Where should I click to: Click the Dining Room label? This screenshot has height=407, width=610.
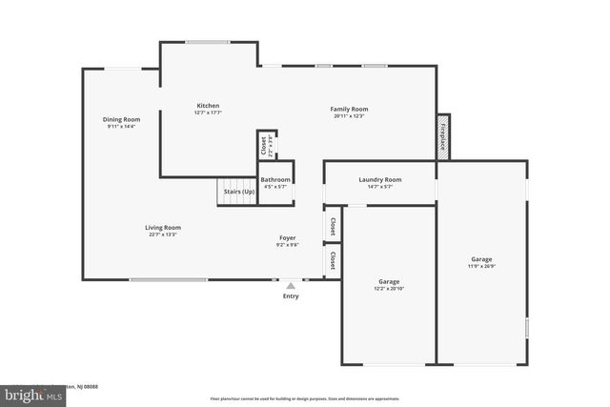click(x=120, y=119)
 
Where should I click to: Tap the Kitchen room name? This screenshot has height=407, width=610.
click(x=208, y=105)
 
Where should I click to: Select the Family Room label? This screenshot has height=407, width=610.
click(x=349, y=109)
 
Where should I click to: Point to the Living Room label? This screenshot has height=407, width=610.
click(x=163, y=228)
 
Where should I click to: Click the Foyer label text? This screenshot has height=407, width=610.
click(x=287, y=237)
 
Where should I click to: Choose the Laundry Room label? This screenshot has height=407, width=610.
click(x=379, y=179)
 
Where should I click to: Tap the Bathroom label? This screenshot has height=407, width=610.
click(x=275, y=179)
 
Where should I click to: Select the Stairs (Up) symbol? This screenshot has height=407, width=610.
click(x=237, y=192)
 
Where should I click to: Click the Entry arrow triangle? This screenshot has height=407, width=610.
click(x=291, y=284)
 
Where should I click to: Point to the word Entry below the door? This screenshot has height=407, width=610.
click(x=291, y=296)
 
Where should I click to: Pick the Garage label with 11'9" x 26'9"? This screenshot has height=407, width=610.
click(x=481, y=259)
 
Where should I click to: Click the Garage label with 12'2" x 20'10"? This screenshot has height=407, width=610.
click(x=388, y=282)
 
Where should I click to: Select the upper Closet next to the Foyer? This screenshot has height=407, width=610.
click(x=333, y=227)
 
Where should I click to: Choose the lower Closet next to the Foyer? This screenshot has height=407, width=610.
click(x=333, y=259)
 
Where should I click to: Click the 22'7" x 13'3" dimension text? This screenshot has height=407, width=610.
click(x=163, y=235)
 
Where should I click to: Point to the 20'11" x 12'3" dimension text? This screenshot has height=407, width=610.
click(x=349, y=116)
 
